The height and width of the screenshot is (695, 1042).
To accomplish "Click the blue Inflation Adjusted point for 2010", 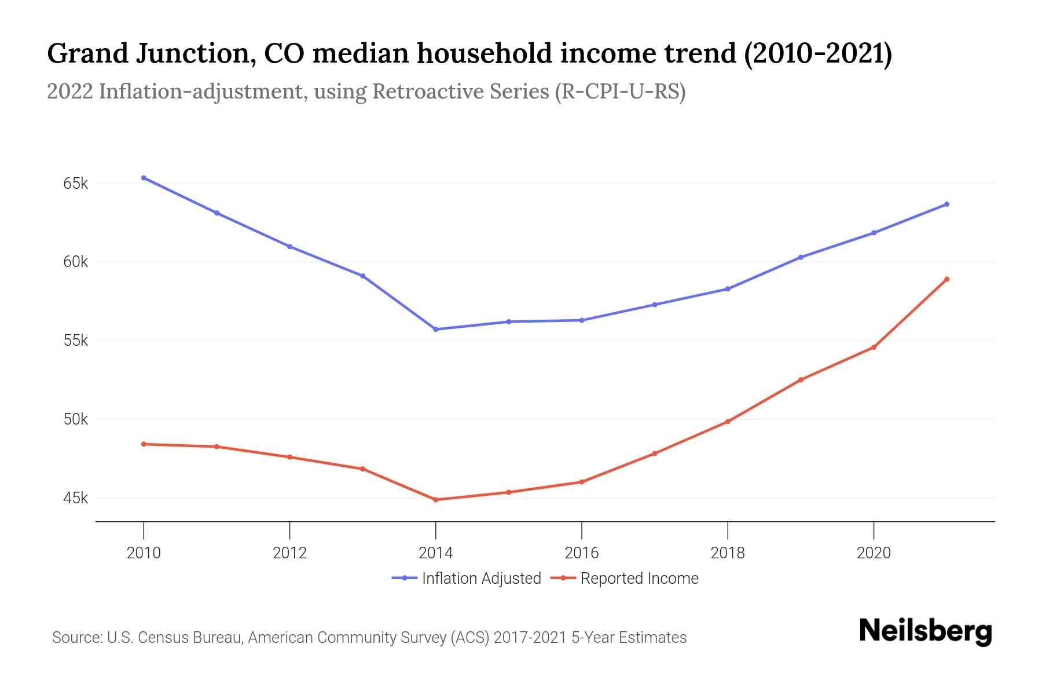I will (x=144, y=178).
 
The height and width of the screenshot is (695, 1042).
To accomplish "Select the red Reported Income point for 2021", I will (x=946, y=279).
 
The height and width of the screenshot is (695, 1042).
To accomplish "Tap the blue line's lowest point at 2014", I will (x=436, y=330).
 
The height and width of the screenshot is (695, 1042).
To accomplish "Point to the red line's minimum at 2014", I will (x=436, y=500).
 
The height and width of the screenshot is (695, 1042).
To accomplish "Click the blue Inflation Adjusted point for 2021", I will (x=946, y=204).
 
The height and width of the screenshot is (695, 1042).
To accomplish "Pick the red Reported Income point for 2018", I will (x=728, y=422).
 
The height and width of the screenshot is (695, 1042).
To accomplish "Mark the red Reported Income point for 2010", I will (x=144, y=444).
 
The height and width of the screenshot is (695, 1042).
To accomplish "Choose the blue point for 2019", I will (x=801, y=257).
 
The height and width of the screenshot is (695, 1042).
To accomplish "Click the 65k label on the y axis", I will (x=75, y=184).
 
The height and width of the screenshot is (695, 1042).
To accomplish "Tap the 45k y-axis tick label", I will (x=75, y=498).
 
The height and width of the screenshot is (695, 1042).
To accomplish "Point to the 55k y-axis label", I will (x=75, y=341).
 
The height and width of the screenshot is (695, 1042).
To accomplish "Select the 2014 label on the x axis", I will (x=435, y=553).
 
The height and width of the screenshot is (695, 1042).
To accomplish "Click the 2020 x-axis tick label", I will (x=874, y=553).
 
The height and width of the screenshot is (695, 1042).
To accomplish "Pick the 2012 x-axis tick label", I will (x=289, y=553).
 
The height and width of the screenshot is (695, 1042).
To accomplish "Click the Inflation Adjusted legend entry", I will (x=480, y=579).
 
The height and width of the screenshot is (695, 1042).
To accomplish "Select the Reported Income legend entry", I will (x=639, y=579).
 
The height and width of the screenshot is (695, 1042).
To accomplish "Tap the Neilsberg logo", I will (x=925, y=631).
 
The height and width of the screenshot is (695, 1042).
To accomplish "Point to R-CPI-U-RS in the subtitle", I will (x=619, y=92).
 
